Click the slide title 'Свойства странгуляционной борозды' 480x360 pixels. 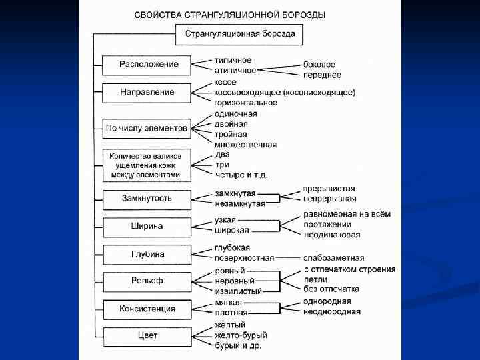[x=230, y=14]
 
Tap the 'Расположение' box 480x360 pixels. [x=148, y=64]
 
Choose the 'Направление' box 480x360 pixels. [x=148, y=92]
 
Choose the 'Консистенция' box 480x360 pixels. [x=147, y=309]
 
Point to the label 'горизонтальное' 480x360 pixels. [x=245, y=103]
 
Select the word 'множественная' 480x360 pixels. [x=245, y=145]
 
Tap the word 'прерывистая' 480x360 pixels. [x=329, y=189]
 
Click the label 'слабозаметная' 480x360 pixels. [x=333, y=258]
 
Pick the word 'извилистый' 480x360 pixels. [x=238, y=291]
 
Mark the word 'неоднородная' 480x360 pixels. [x=331, y=311]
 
